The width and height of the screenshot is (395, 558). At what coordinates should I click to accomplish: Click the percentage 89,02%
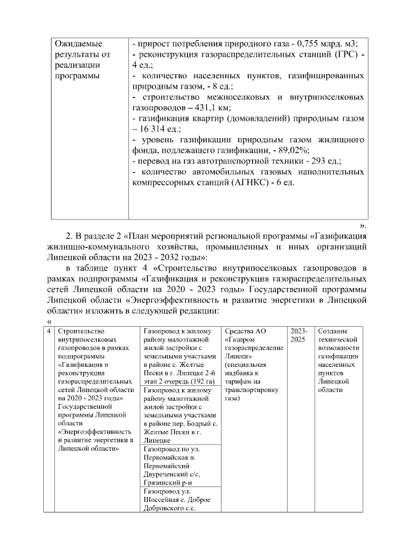point(292,150)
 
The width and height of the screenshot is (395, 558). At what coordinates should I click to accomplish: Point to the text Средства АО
point(247,332)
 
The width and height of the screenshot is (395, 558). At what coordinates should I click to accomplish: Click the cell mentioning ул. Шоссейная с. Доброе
point(178,500)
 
